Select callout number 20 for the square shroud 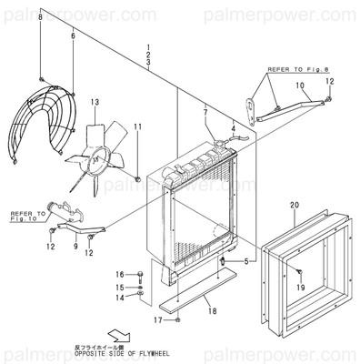click(293, 206)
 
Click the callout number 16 click(119, 274)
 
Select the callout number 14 click(119, 297)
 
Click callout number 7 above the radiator click(205, 112)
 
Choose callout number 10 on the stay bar click(299, 86)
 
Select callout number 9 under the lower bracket click(75, 246)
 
